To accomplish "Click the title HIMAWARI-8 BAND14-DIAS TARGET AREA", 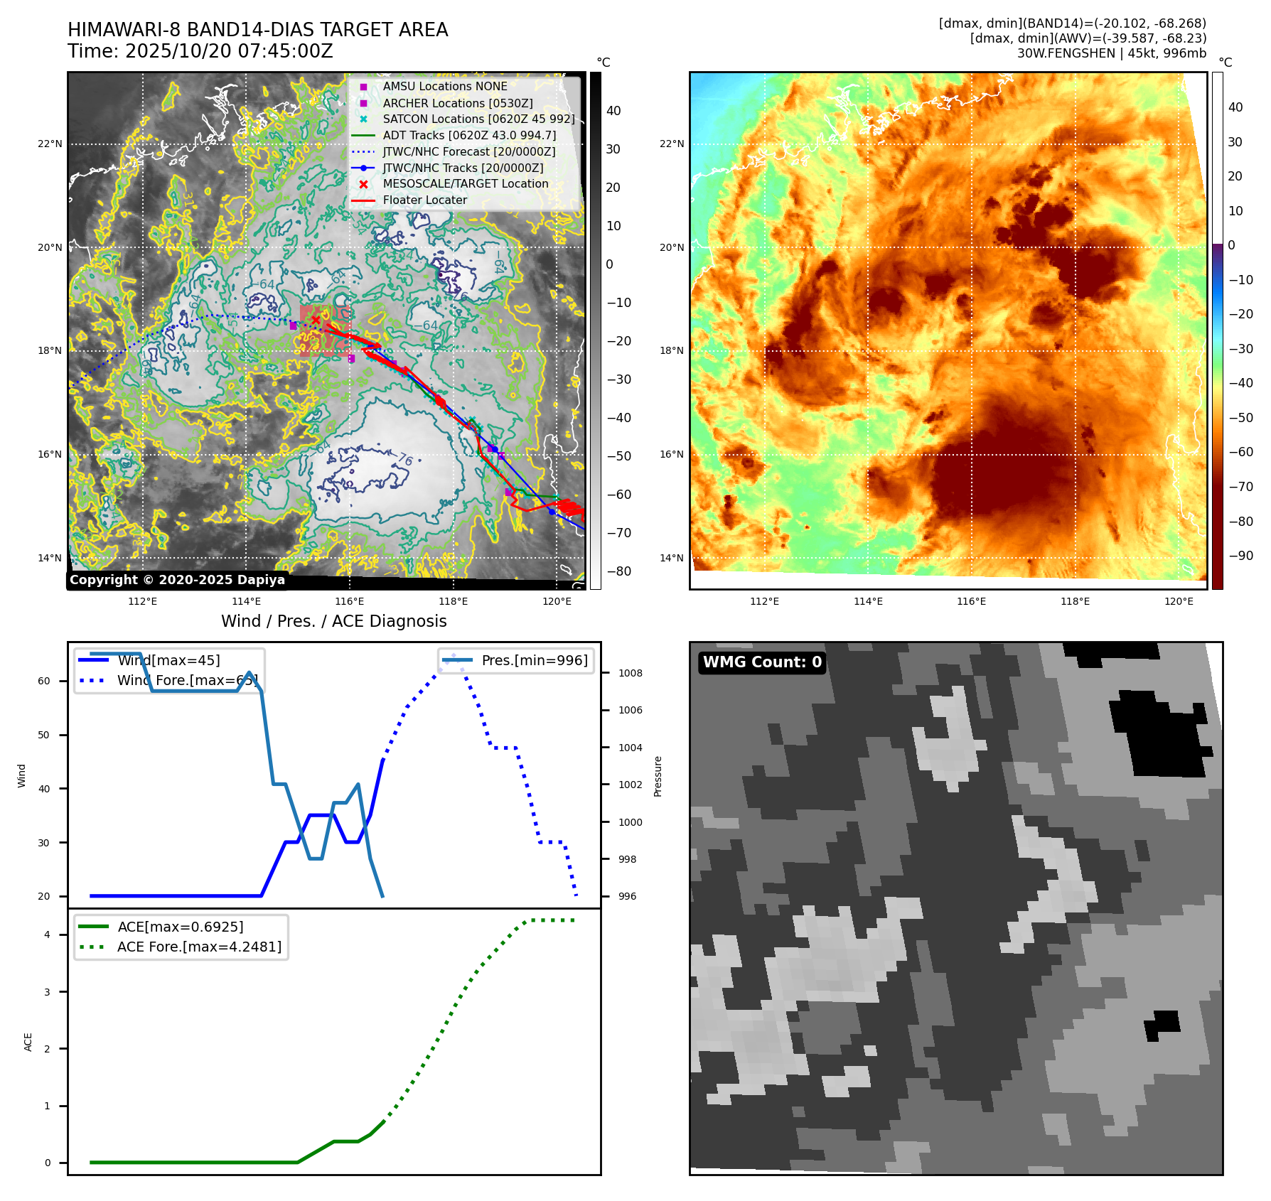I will (x=257, y=30).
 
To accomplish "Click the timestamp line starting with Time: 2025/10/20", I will (x=200, y=51).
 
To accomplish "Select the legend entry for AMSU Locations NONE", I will (x=444, y=86).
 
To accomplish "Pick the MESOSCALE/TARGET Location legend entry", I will (x=465, y=183).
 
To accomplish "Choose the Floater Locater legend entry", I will (x=424, y=200).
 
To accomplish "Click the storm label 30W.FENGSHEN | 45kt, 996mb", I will (x=1111, y=53).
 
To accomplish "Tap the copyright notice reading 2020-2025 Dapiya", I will (x=177, y=580).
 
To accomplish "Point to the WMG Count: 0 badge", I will (x=761, y=662).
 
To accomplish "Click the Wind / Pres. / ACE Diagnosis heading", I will (x=333, y=621).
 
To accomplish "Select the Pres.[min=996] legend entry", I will (x=534, y=660).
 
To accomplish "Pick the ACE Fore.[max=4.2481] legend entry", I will (x=199, y=947).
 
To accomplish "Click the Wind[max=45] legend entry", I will (x=168, y=660).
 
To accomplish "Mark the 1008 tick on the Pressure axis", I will (x=630, y=673).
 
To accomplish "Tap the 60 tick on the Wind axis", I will (x=44, y=681).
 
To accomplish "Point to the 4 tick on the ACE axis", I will (x=48, y=935).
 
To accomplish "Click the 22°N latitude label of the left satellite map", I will (x=50, y=144).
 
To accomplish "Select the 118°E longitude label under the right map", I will (x=1075, y=601).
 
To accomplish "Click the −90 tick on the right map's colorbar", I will (x=1241, y=556).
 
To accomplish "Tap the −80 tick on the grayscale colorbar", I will (x=619, y=571).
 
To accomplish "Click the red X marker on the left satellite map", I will (x=316, y=320).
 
